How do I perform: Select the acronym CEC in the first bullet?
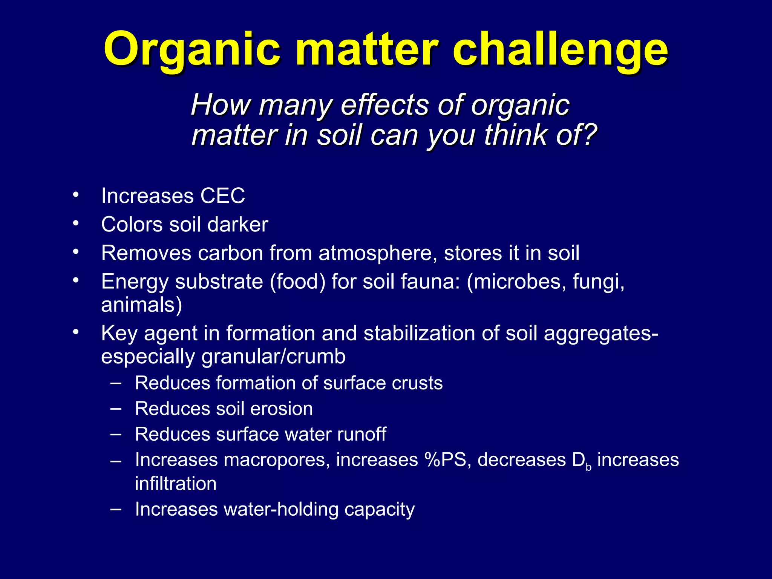point(222,196)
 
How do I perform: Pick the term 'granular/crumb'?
point(273,357)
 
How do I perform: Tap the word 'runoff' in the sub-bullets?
point(361,434)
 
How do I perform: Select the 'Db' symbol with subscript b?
point(581,461)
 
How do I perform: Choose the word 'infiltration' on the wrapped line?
point(176,484)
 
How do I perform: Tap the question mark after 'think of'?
point(588,135)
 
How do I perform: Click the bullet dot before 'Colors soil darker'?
point(76,224)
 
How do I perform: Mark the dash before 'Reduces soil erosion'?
point(116,408)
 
